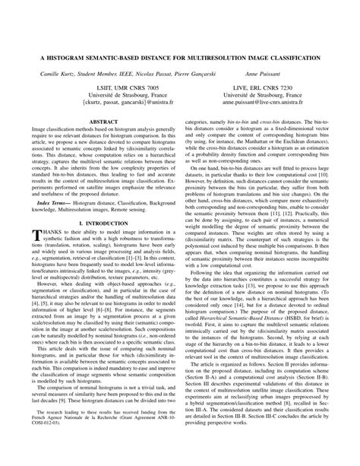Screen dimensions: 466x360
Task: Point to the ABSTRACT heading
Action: coord(99,143)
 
